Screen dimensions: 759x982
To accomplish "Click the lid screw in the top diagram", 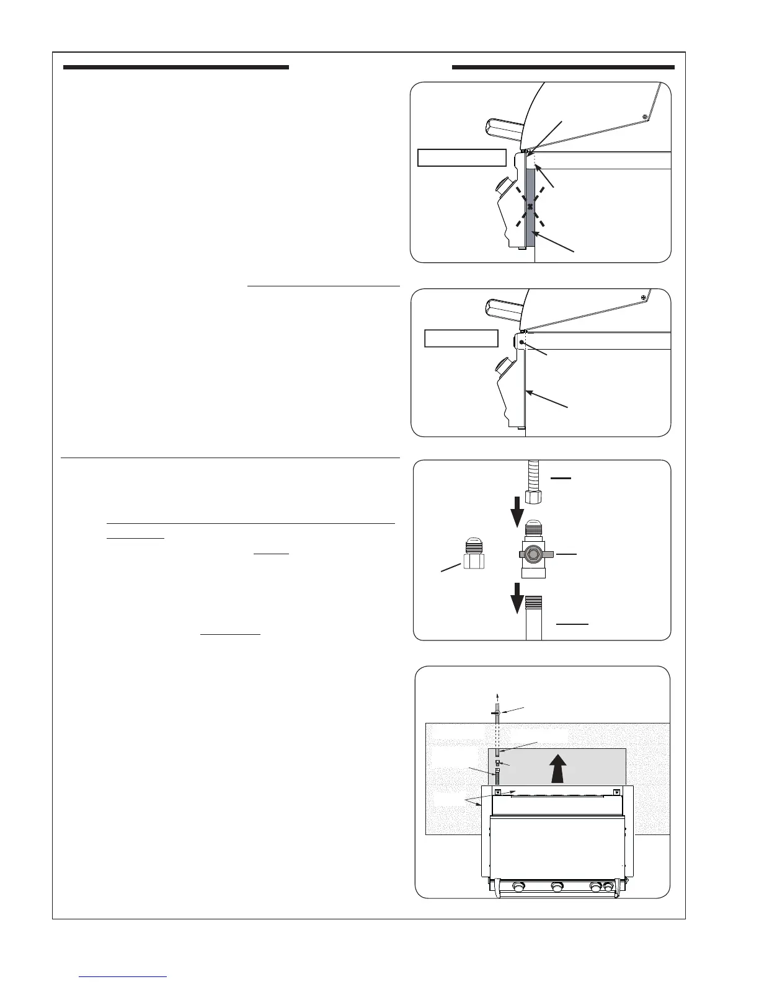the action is tap(645, 117).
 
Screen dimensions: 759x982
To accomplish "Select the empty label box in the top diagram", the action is tap(462, 157).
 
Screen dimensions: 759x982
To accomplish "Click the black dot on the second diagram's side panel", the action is tap(522, 343).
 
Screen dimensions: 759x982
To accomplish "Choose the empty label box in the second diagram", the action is tap(461, 338).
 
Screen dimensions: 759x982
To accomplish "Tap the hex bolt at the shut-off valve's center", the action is tap(532, 552).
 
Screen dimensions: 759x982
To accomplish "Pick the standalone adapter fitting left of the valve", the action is tap(473, 555).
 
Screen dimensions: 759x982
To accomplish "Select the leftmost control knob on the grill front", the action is tap(519, 887).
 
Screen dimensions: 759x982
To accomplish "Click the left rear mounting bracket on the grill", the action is tap(498, 792).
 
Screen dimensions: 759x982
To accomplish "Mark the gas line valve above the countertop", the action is tap(497, 713).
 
